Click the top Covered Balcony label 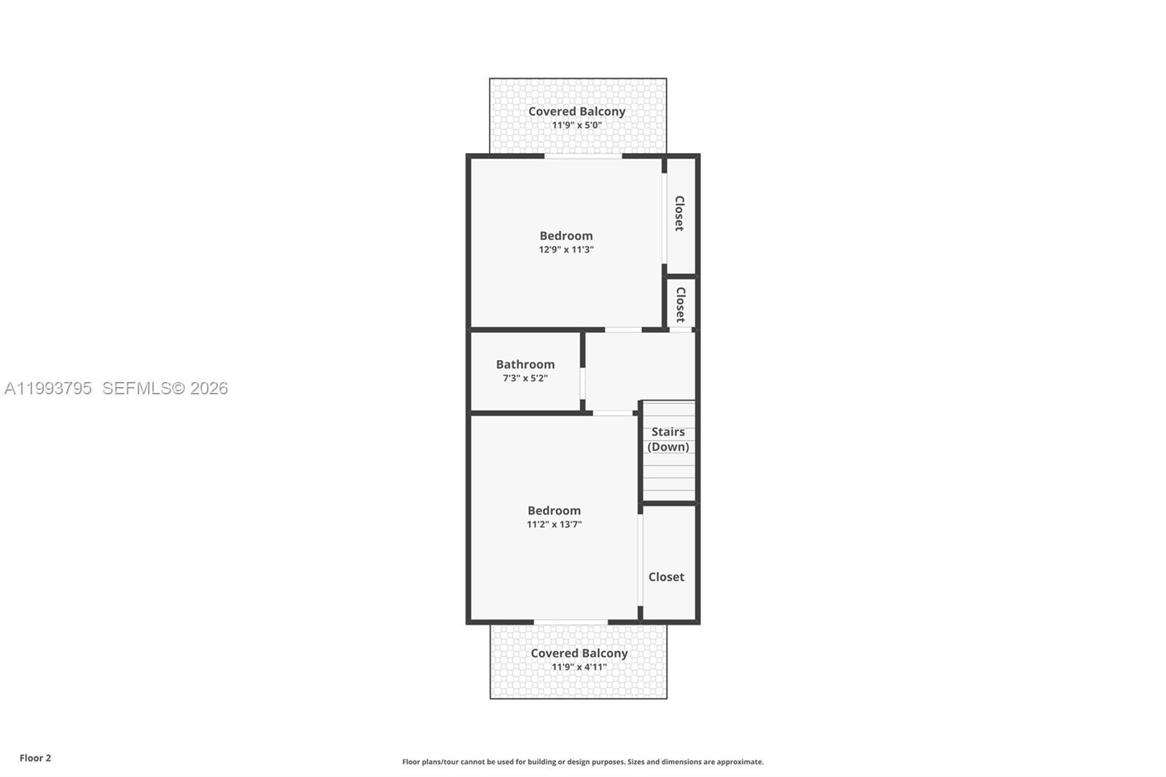[x=576, y=112]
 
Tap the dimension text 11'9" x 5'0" [x=576, y=125]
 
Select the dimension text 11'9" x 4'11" [x=579, y=667]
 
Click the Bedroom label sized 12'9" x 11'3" [x=566, y=235]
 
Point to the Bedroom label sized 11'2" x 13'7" [x=554, y=510]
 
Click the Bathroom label [x=525, y=364]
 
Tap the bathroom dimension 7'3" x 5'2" [x=525, y=378]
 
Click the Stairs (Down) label [x=668, y=439]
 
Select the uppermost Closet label [x=679, y=213]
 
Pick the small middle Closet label [x=680, y=304]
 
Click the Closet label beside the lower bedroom [x=666, y=577]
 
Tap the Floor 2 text [x=35, y=758]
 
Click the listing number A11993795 [x=48, y=388]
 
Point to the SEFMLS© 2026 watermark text [x=165, y=388]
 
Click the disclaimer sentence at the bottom [x=583, y=762]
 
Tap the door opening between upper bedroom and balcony [x=583, y=155]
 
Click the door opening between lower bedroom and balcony [x=571, y=622]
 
